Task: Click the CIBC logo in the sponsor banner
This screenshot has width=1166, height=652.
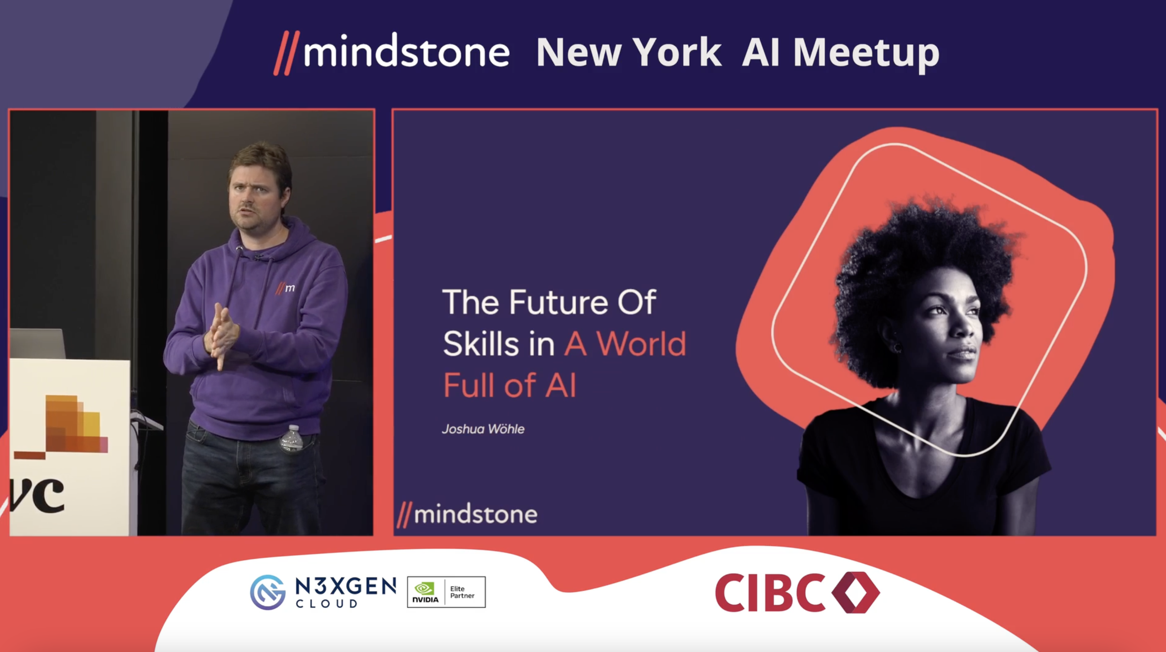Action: tap(797, 592)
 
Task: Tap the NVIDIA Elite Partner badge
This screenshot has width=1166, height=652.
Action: tap(446, 592)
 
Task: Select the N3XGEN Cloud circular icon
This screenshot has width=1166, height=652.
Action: tap(268, 592)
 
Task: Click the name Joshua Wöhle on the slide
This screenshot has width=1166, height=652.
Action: tap(483, 429)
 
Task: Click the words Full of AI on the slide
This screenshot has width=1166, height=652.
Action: tap(510, 385)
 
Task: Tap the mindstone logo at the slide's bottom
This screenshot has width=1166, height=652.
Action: tap(467, 514)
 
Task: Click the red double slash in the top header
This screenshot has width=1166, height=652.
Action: tap(286, 53)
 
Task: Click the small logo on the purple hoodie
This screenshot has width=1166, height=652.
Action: tap(285, 288)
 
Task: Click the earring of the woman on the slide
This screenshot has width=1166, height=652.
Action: tap(898, 348)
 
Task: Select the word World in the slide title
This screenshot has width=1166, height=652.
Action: tap(641, 344)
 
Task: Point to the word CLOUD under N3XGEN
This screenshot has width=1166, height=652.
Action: tap(326, 603)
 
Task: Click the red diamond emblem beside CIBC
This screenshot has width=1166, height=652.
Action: tap(855, 592)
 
